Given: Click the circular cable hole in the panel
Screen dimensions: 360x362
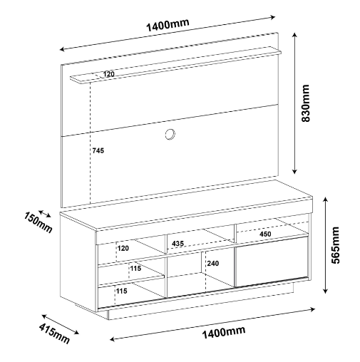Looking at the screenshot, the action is pos(170,134).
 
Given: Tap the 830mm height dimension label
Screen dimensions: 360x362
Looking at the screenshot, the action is pos(305,103).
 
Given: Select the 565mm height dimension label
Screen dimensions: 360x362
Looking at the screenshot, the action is pos(336,245).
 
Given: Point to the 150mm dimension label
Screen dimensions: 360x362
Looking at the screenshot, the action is pos(38,222).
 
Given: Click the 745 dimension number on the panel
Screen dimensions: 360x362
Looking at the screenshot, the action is pos(98,150).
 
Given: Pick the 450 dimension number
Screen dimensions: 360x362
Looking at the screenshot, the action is pos(265,234).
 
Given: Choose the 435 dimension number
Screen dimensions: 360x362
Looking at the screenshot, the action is pos(178,244).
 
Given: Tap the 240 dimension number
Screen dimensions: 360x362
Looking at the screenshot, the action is pos(213,264).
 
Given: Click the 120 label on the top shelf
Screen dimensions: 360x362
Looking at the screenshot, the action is pos(108,74).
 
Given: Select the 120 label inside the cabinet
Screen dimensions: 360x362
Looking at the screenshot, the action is pos(123,249).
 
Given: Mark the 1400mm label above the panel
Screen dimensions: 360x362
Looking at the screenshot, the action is pos(168,25).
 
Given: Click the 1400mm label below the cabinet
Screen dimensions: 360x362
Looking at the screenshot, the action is pos(223,332).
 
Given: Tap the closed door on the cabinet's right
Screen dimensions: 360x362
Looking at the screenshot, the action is pos(272,262).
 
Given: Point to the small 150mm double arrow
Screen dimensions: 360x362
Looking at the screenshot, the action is pos(45,214).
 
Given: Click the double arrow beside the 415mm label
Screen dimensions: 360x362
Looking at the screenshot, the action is pos(61,324).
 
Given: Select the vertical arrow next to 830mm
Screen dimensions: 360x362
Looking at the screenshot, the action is pos(294,103).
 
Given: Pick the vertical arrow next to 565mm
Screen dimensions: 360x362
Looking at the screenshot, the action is pos(326,245).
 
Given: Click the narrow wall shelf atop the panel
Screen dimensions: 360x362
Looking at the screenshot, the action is pos(175,66).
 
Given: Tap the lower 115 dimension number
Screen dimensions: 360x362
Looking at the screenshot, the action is pos(121,291).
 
